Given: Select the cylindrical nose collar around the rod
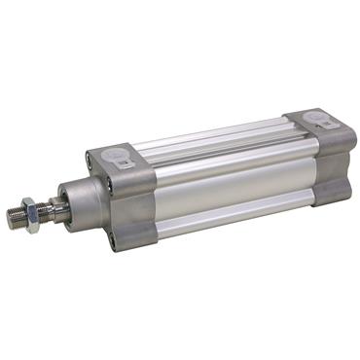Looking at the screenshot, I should click(x=83, y=200).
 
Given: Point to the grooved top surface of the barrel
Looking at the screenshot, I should click(x=209, y=136).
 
